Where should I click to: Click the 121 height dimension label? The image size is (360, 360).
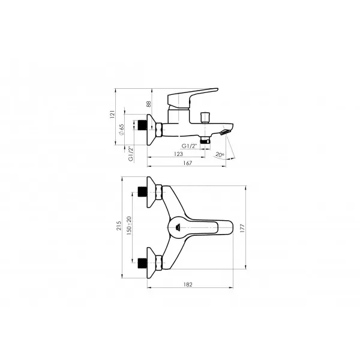(x=112, y=115)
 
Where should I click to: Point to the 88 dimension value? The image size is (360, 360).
(x=149, y=104)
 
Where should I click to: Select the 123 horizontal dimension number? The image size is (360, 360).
(x=178, y=154)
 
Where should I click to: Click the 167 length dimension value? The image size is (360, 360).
(x=187, y=163)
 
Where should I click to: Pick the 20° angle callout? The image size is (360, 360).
(x=220, y=155)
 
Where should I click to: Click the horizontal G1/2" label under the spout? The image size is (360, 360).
(x=190, y=146)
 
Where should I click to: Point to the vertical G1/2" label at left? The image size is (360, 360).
(x=131, y=154)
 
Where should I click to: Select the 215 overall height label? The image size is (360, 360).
(x=118, y=226)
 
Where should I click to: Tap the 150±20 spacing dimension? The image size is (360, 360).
(x=129, y=226)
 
